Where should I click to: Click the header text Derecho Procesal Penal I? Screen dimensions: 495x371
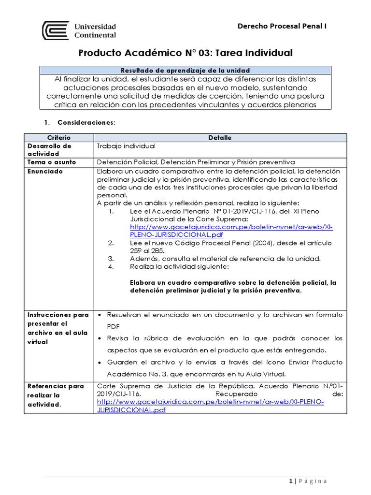click(282, 26)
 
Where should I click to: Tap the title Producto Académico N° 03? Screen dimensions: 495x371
click(185, 53)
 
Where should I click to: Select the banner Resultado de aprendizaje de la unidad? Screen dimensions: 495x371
click(185, 70)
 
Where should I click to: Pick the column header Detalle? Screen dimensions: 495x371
click(220, 138)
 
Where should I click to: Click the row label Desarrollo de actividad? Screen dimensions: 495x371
click(49, 149)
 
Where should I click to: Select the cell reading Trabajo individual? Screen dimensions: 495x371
click(126, 146)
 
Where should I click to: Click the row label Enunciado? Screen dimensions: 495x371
click(45, 171)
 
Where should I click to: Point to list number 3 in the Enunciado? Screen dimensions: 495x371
click(111, 259)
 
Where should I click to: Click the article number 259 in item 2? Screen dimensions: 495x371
click(137, 251)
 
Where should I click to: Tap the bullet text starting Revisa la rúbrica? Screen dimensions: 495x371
click(224, 344)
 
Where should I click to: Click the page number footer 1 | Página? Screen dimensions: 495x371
click(308, 481)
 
